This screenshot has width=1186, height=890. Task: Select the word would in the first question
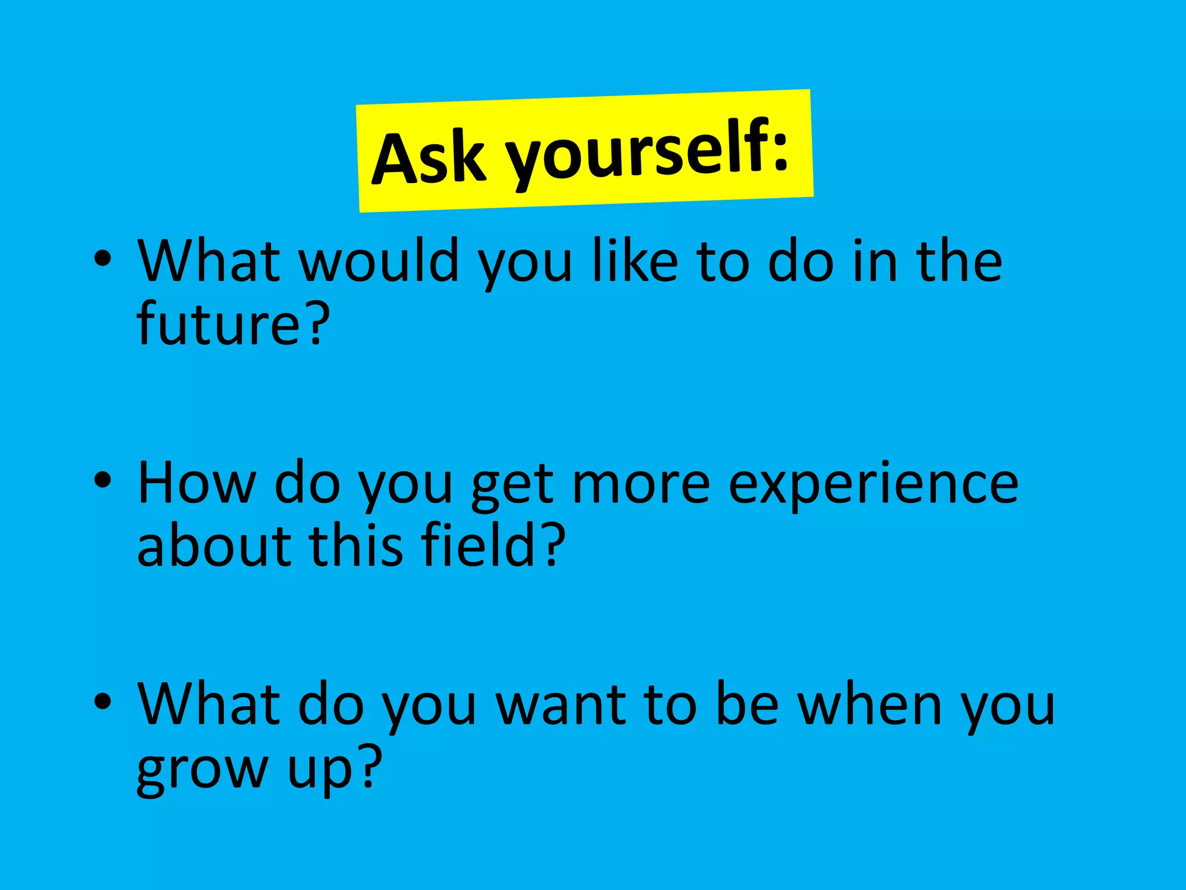(379, 262)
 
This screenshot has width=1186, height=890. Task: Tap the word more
(640, 484)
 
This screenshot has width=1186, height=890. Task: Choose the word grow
(200, 771)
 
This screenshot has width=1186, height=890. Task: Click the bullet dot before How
(103, 480)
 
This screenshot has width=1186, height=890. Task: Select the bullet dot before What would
(103, 259)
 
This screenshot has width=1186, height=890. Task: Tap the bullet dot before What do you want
(103, 702)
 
